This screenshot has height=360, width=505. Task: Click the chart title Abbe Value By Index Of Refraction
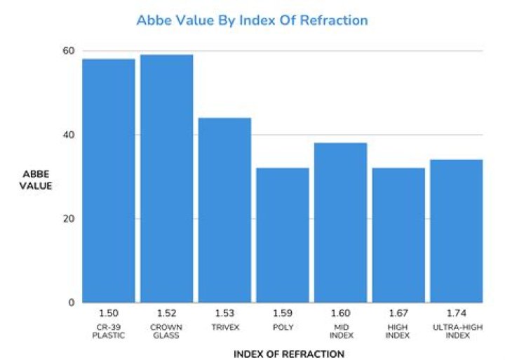point(252,20)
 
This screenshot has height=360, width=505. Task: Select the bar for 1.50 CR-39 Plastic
point(109,181)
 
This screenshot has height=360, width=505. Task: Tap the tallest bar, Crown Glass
point(167,178)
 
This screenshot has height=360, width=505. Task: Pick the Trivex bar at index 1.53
point(225,210)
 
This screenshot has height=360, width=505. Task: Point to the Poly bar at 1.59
point(283,235)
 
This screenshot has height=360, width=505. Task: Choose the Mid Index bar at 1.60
point(341,222)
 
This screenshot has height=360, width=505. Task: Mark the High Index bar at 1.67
point(398,235)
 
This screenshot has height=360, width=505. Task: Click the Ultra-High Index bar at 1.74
point(457,231)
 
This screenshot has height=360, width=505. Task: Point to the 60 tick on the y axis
point(69,51)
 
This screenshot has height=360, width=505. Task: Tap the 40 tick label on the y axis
point(69,135)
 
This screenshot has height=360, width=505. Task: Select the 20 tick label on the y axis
point(69,219)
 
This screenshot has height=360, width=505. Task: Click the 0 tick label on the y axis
point(72,302)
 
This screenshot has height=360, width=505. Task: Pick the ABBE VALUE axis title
point(36,180)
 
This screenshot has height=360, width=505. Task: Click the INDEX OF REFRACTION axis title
point(289,354)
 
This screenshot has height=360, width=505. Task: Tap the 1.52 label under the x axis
point(166,313)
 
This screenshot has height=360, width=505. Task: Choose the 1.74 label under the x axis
point(457,313)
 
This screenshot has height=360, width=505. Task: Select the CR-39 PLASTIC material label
point(109,331)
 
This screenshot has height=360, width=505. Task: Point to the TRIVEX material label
point(225,328)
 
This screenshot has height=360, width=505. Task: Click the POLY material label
point(283,328)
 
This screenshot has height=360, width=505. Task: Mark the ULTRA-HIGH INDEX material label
point(457,331)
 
